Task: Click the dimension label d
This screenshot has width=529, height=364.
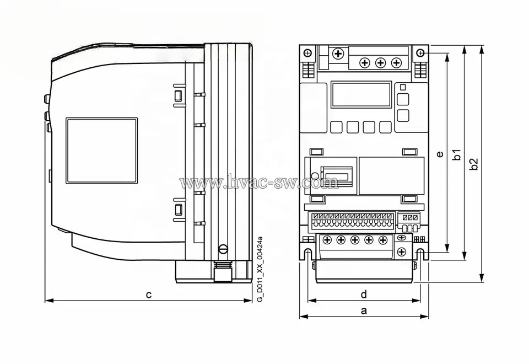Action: point(364,293)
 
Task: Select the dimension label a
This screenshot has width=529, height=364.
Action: point(364,310)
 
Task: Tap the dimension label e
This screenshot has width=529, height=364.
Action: point(439,154)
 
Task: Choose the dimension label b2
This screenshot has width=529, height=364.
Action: point(473,164)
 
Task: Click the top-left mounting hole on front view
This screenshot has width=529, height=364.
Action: point(307,53)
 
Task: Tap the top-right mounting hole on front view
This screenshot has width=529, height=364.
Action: point(420,53)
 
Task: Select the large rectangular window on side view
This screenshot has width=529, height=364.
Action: point(101,151)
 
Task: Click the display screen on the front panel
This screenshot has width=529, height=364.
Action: point(361,94)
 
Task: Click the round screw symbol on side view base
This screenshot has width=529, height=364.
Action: point(223,249)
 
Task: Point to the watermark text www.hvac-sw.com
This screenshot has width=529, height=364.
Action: point(259,182)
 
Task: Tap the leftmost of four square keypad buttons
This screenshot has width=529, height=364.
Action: point(335,127)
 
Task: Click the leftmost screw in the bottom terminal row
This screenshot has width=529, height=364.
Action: point(326,240)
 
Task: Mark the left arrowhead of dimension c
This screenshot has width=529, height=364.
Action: point(47,300)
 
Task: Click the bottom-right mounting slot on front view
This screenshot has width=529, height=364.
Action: point(420,254)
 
